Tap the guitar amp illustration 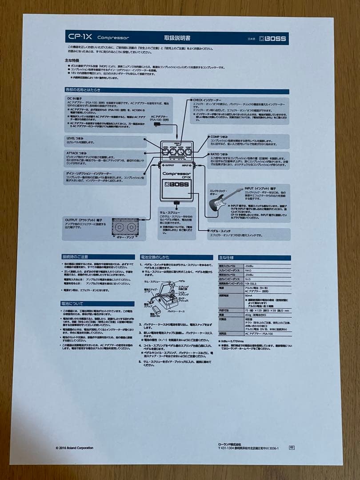pos(125,228)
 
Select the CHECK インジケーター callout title pos(208,100)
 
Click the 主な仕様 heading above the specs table pos(226,257)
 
